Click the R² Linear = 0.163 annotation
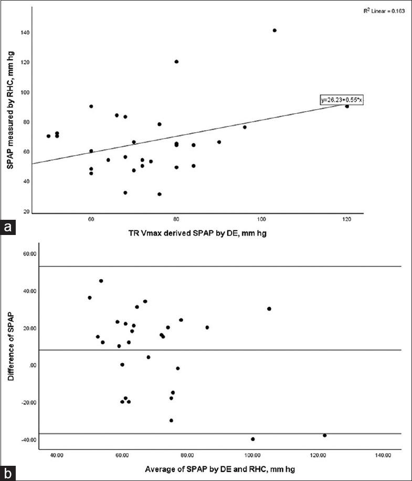coord(384,10)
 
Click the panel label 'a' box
coord(7,228)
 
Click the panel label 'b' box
coord(7,473)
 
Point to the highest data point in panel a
coord(274,30)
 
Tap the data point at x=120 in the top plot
coord(347,106)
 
